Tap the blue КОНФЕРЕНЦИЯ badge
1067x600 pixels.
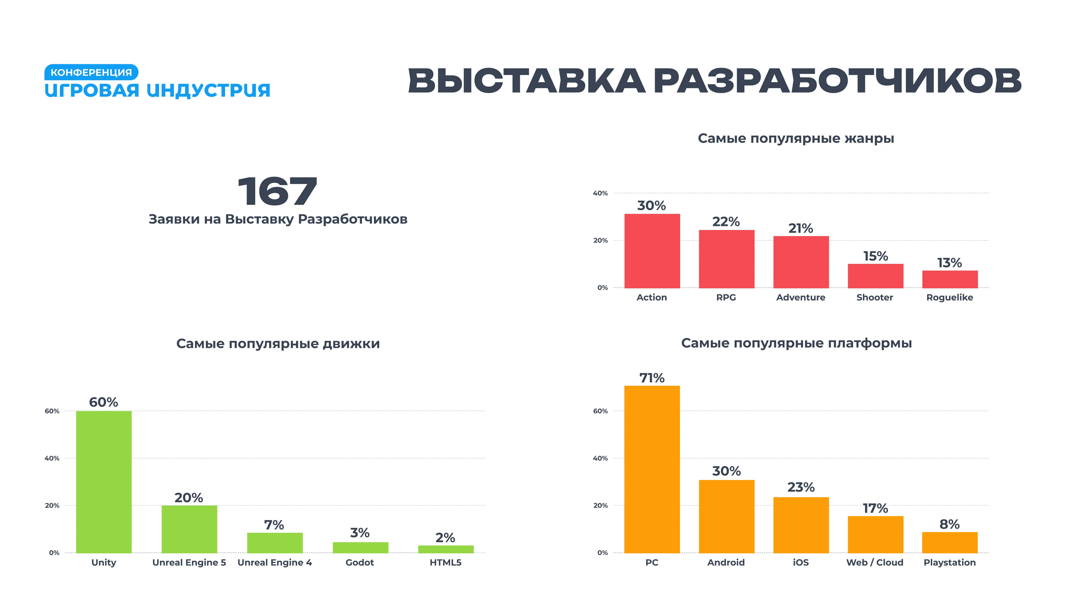[x=91, y=72]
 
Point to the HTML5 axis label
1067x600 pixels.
[x=445, y=562]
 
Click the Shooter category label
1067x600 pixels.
[x=875, y=297]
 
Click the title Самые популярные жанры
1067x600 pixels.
[x=796, y=138]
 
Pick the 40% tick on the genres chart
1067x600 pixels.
[x=600, y=193]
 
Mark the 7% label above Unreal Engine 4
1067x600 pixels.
[x=274, y=525]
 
